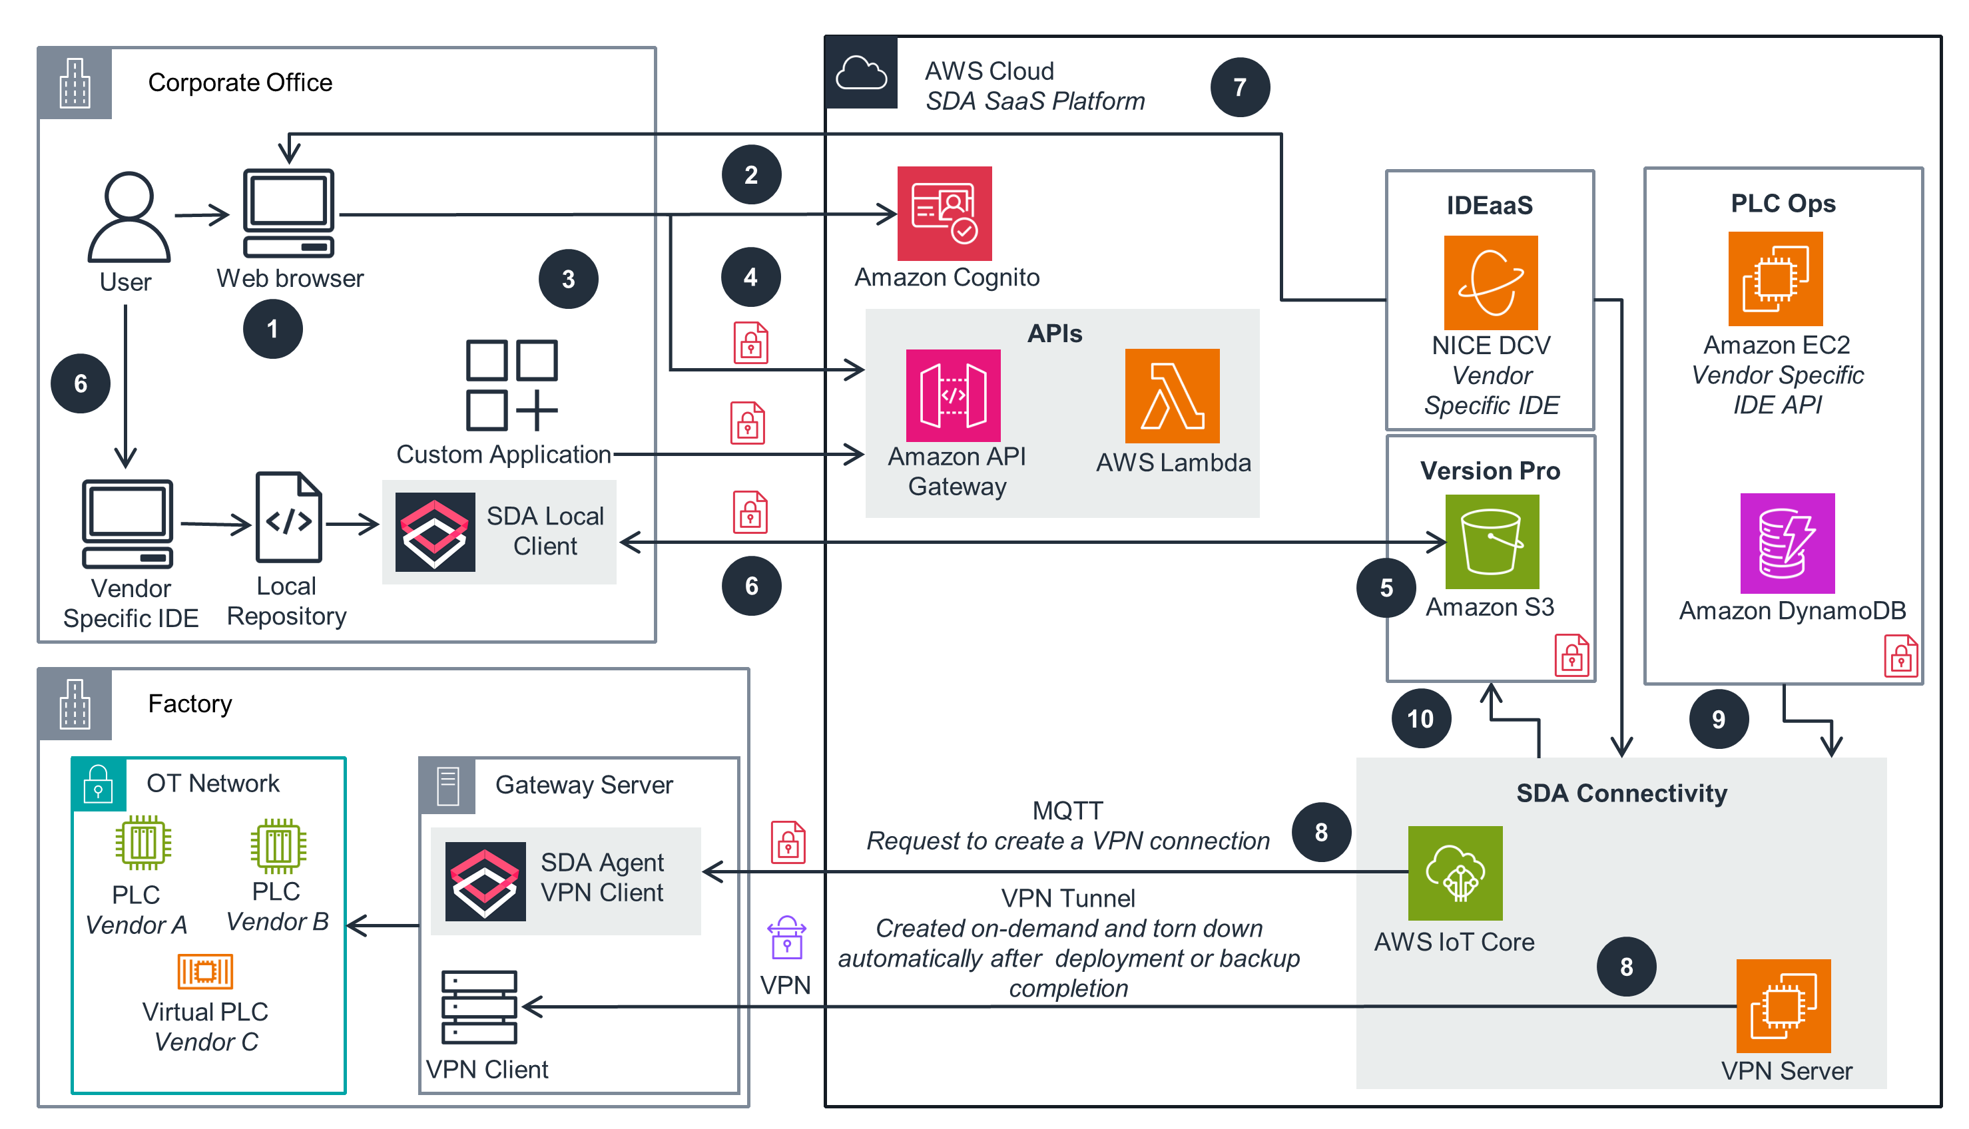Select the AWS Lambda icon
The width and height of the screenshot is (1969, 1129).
tap(1172, 395)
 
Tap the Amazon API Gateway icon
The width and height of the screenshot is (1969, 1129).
tap(952, 395)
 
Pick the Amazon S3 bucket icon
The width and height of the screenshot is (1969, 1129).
tap(1492, 541)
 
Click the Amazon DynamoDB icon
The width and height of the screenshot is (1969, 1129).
tap(1787, 543)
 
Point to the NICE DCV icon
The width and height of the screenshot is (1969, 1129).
tap(1490, 282)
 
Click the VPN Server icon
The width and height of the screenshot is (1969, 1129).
tap(1783, 1005)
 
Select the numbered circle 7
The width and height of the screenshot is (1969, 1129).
tap(1239, 87)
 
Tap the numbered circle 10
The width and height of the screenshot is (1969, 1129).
tap(1420, 718)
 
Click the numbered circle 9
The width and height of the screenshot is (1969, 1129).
tap(1718, 719)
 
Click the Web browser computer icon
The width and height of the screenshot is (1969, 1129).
tap(288, 212)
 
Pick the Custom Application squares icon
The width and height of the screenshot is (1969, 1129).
tap(511, 385)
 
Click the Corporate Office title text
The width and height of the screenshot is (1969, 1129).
tap(240, 82)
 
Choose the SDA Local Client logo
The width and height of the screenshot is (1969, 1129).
tap(434, 532)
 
